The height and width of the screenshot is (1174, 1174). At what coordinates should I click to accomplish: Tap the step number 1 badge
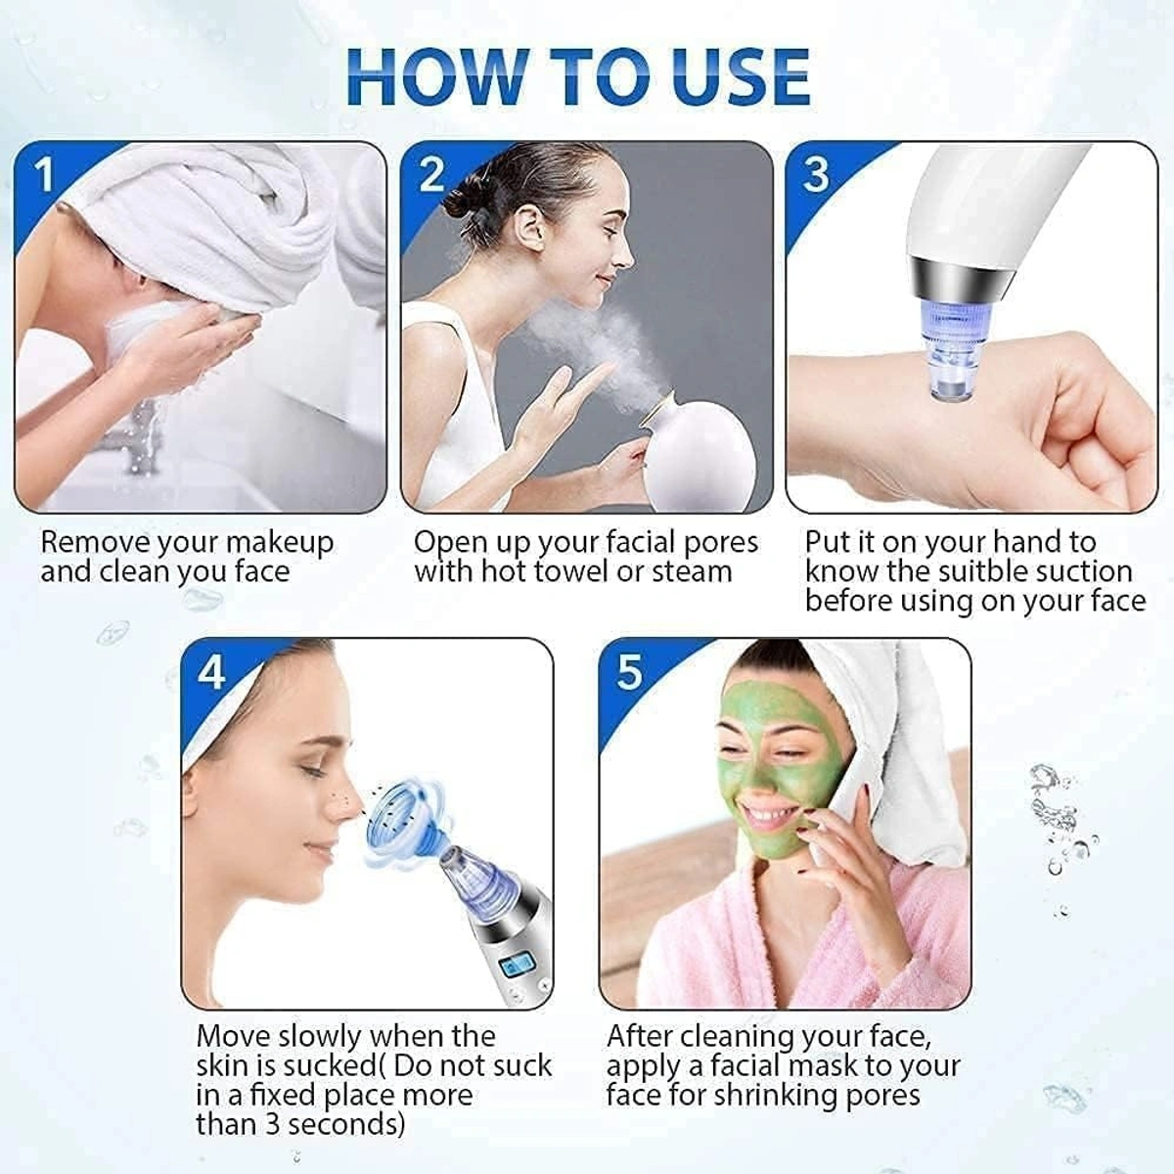click(x=45, y=177)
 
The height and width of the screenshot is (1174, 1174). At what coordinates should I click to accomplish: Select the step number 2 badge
click(x=431, y=176)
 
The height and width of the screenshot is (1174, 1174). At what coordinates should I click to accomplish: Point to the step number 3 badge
click(x=816, y=176)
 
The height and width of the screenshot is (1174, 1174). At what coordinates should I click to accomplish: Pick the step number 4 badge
click(x=211, y=673)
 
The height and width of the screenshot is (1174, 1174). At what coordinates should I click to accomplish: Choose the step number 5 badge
click(x=629, y=673)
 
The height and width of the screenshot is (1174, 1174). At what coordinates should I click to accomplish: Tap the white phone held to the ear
click(x=841, y=792)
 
